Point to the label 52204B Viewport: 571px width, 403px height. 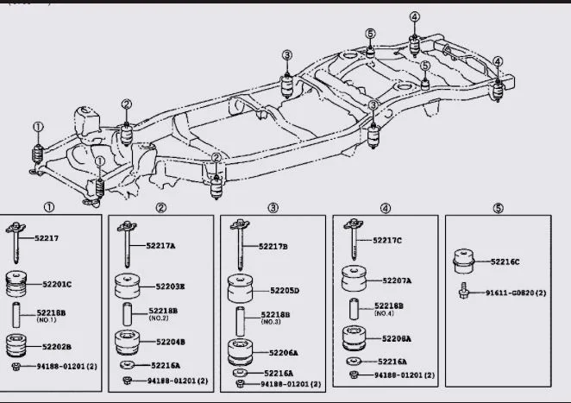(170, 342)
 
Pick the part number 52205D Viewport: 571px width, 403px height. (284, 290)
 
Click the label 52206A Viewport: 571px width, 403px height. (284, 352)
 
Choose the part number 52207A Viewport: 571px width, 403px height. (397, 280)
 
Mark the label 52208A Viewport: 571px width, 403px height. (396, 338)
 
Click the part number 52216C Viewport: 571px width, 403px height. (505, 261)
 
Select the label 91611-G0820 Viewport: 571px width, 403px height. (508, 293)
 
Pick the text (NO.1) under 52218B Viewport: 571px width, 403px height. (46, 319)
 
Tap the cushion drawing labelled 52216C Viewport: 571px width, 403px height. (466, 259)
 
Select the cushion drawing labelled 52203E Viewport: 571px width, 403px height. (128, 285)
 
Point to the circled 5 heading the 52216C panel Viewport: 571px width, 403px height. (498, 207)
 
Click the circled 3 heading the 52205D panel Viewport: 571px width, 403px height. (273, 207)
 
